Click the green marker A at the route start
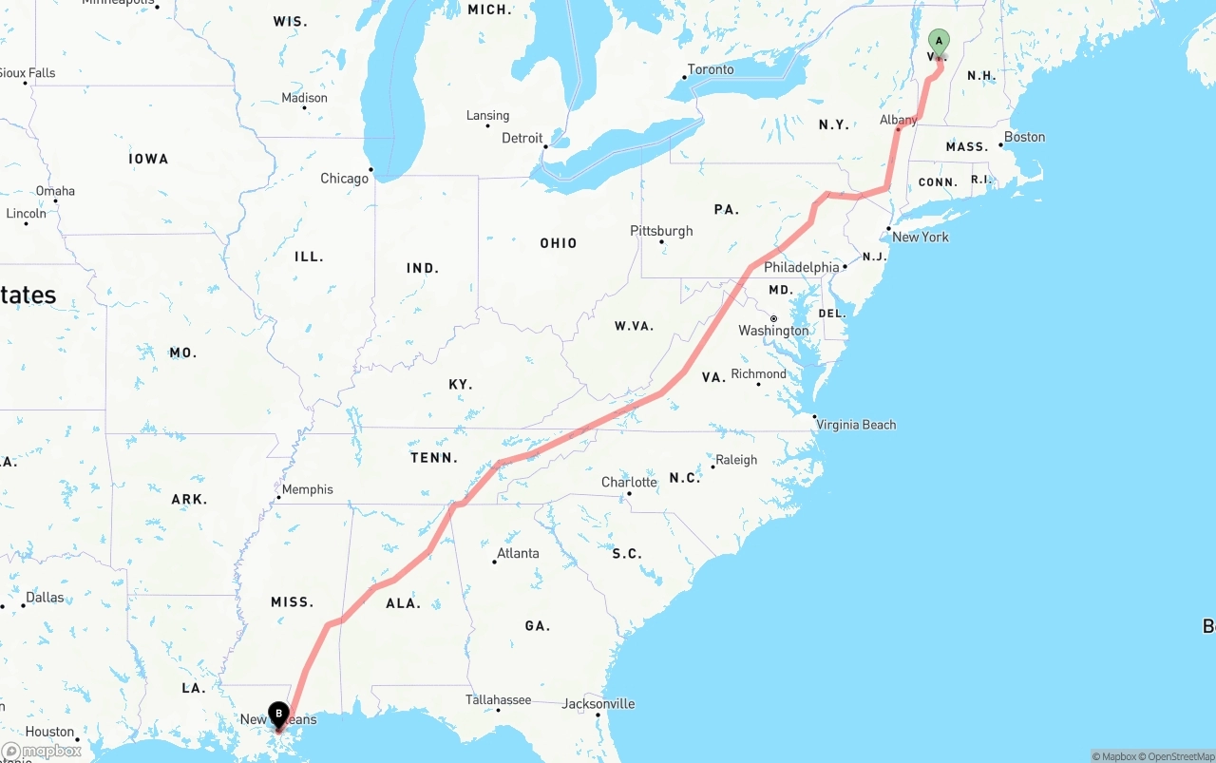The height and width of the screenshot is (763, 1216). [938, 42]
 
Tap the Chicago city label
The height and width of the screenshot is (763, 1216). [344, 179]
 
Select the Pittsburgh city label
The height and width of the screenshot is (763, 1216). [661, 231]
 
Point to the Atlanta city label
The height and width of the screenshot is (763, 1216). [518, 553]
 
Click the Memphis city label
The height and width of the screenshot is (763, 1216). [308, 489]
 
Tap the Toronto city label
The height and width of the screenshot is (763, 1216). [711, 69]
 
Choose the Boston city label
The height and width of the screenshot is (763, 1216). [1024, 137]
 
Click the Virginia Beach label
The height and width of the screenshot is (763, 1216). [856, 425]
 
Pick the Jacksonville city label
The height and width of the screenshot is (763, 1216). [598, 704]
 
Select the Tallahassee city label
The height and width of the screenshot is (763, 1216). [499, 700]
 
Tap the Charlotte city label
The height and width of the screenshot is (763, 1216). [629, 483]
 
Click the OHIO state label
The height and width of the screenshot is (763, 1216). [559, 243]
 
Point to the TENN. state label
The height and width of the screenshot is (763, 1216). [434, 458]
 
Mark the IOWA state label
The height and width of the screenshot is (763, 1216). [148, 159]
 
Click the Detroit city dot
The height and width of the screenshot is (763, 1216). [545, 146]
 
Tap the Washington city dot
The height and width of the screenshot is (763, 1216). [774, 318]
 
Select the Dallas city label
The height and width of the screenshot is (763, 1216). [45, 598]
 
